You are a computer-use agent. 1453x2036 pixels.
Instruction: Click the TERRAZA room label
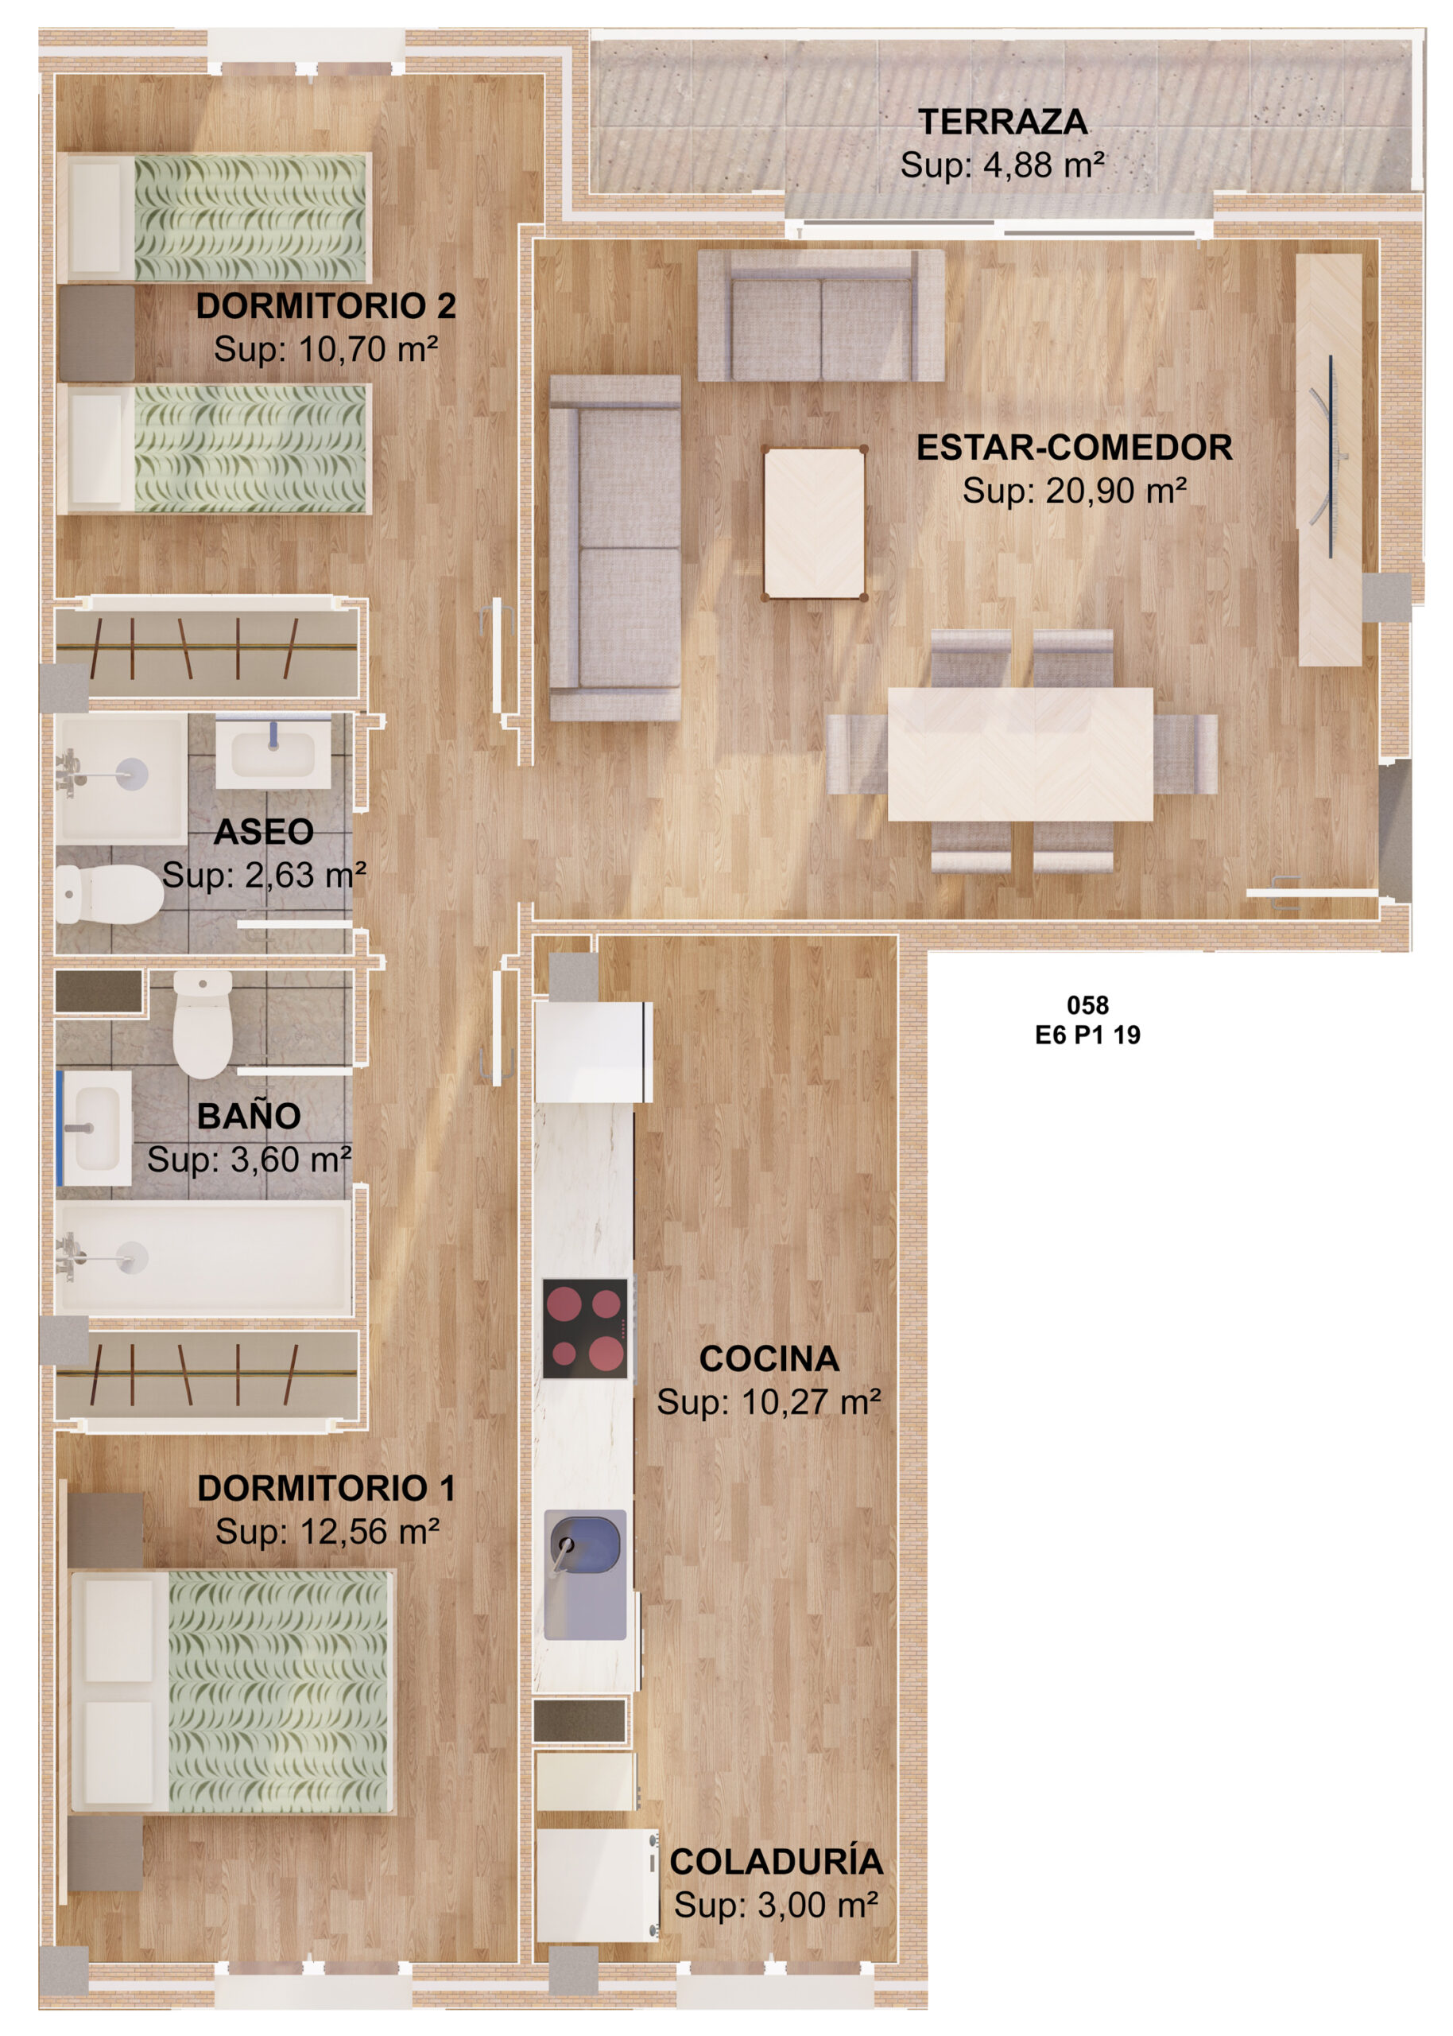pyautogui.click(x=1002, y=122)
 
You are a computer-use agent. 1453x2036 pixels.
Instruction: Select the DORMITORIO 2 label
pyautogui.click(x=326, y=306)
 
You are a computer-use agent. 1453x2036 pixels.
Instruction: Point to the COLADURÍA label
pyautogui.click(x=776, y=1862)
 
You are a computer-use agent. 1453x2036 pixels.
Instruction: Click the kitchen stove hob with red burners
pyautogui.click(x=584, y=1329)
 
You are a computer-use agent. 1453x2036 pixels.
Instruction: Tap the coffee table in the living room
pyautogui.click(x=814, y=523)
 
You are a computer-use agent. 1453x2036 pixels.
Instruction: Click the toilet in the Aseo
pyautogui.click(x=109, y=894)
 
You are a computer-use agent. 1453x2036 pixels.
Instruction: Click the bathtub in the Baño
pyautogui.click(x=203, y=1257)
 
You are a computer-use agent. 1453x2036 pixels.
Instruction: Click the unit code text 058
pyautogui.click(x=1087, y=1005)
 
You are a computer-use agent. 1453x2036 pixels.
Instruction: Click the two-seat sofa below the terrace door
pyautogui.click(x=820, y=315)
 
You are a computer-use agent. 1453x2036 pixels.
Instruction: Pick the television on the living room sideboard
pyautogui.click(x=1331, y=457)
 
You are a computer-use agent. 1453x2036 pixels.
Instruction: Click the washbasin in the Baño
pyautogui.click(x=95, y=1128)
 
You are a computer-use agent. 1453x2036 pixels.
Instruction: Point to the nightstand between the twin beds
pyautogui.click(x=97, y=333)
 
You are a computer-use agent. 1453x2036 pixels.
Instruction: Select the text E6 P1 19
pyautogui.click(x=1087, y=1035)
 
